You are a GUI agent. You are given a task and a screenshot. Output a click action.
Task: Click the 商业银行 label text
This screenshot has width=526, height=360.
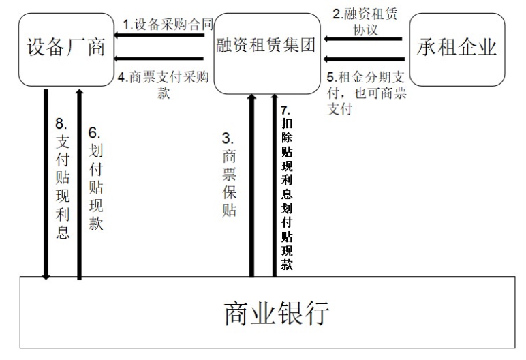(277, 313)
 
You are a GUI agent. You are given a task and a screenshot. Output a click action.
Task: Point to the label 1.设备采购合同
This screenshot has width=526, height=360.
(168, 24)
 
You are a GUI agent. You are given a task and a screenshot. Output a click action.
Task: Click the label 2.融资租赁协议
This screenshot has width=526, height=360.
(365, 22)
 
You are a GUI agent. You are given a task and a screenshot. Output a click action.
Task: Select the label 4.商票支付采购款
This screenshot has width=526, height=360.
(164, 85)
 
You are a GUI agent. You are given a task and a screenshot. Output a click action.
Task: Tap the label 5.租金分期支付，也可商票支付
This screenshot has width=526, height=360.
(367, 93)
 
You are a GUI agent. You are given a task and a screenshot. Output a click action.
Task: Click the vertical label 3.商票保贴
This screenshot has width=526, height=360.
(229, 175)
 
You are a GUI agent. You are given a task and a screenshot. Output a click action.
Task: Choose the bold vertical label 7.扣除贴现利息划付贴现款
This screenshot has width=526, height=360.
(287, 188)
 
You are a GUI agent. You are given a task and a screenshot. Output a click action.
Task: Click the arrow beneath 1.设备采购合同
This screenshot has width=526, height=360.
(159, 35)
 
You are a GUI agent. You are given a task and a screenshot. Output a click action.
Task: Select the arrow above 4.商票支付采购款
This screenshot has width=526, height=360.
(159, 59)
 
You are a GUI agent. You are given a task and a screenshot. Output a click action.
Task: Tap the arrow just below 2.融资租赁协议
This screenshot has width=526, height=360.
(363, 39)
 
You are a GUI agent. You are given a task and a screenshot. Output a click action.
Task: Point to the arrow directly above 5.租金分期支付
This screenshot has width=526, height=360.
(365, 59)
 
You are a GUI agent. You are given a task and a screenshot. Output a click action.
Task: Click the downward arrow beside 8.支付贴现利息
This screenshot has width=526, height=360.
(46, 184)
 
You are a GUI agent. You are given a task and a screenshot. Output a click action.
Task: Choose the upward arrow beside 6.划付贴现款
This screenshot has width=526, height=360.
(80, 184)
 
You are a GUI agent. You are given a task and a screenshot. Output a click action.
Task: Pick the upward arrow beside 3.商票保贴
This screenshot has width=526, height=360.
(251, 185)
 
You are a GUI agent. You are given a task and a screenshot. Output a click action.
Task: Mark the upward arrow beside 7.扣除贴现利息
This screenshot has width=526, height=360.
(275, 185)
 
